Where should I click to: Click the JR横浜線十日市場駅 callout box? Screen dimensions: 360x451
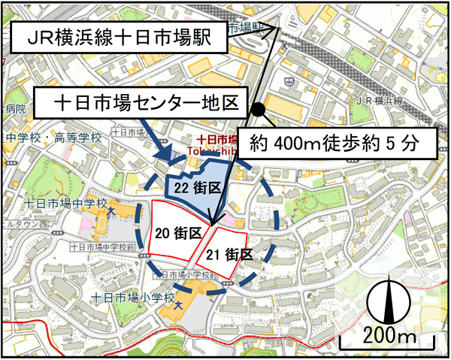pyautogui.click(x=120, y=35)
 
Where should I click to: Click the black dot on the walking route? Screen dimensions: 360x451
pyautogui.click(x=258, y=110)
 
